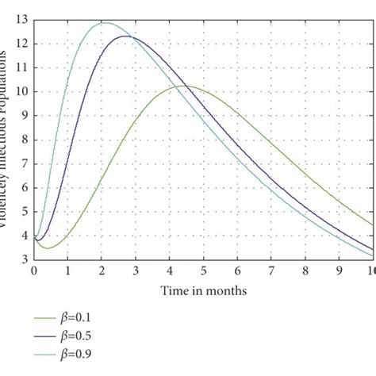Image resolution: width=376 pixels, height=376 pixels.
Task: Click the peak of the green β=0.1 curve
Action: (183, 86)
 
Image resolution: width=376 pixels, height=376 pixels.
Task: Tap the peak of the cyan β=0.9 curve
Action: (103, 23)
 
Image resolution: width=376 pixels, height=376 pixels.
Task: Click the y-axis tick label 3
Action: (25, 259)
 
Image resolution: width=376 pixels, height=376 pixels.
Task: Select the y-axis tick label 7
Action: (25, 163)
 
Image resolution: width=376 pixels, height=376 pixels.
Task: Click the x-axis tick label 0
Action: (34, 270)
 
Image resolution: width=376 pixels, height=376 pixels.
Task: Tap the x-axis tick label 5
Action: (203, 270)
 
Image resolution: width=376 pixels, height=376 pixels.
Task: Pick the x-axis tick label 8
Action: (305, 270)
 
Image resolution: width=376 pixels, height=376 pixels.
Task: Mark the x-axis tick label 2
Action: (102, 270)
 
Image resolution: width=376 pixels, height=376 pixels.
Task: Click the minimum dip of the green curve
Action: (48, 248)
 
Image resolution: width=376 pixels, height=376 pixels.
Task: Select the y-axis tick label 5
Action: (25, 212)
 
